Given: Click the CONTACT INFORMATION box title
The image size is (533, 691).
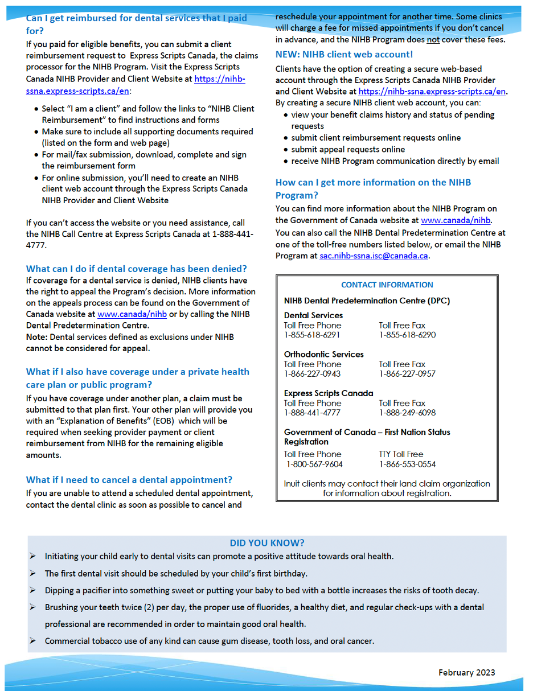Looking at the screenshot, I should coord(387,285).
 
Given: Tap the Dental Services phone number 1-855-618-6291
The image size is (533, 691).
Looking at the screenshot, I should coord(312,335).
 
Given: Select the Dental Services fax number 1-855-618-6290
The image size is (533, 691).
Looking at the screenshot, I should coord(407,335).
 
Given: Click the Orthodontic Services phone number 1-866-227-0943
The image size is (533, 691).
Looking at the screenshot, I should coord(312,374).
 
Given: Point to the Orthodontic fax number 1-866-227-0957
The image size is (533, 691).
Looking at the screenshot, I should coord(407,374).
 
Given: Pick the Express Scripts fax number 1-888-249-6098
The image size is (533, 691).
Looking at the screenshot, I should coord(407,413).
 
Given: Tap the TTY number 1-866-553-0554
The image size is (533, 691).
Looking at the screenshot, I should coord(407,464).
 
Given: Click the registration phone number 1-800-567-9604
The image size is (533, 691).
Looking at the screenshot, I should coord(314,464).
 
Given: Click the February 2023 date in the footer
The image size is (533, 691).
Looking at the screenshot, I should coord(466,672).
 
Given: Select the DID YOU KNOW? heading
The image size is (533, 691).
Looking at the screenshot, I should coord(267,543).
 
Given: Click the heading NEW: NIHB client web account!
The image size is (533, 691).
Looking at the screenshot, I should coord(344,55).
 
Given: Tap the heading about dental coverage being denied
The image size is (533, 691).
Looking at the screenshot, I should coord(137,269).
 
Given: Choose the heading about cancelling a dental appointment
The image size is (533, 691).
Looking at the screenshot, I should coord(129,480).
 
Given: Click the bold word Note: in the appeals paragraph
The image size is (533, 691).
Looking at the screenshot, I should coord(37,337).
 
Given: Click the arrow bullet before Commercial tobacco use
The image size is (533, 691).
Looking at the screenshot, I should coord(33,641).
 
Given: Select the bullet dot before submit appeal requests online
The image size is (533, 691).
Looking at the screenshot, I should coord(286,150).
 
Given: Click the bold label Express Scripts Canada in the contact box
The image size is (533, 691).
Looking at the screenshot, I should coord(329,393).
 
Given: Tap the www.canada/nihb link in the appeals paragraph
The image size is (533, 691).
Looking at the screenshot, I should coord(132,314).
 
